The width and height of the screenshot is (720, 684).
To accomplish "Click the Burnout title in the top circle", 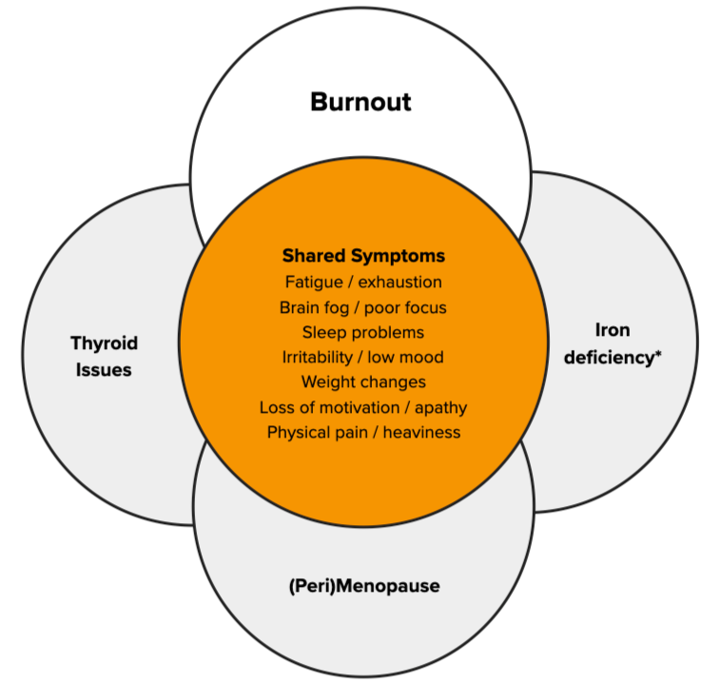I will pyautogui.click(x=360, y=102).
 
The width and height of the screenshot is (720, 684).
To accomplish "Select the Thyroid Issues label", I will pyautogui.click(x=104, y=356).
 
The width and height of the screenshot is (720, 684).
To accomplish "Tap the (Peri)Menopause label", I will pyautogui.click(x=363, y=585).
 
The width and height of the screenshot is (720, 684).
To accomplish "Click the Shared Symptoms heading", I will pyautogui.click(x=363, y=257).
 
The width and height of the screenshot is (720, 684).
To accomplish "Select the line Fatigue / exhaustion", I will pyautogui.click(x=363, y=282).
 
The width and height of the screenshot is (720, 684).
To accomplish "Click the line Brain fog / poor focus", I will pyautogui.click(x=363, y=307).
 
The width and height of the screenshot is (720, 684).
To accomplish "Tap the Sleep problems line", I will pyautogui.click(x=363, y=332).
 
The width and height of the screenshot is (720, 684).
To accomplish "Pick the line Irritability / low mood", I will pyautogui.click(x=363, y=357).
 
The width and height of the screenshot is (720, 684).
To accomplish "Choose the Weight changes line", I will pyautogui.click(x=363, y=382).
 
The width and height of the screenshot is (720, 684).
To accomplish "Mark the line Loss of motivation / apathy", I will pyautogui.click(x=363, y=407).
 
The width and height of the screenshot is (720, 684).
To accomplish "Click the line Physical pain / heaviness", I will pyautogui.click(x=363, y=433).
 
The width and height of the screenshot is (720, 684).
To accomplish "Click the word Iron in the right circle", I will pyautogui.click(x=613, y=331).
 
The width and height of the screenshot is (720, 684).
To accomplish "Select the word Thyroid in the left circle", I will pyautogui.click(x=104, y=342).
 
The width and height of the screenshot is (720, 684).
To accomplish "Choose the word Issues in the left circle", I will pyautogui.click(x=104, y=368).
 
